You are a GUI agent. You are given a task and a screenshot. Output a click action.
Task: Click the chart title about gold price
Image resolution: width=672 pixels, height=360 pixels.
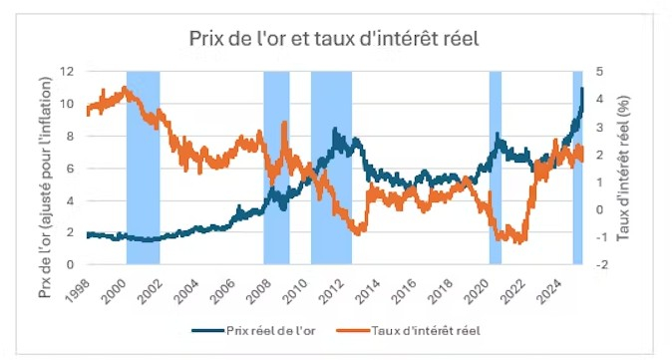[x=335, y=39]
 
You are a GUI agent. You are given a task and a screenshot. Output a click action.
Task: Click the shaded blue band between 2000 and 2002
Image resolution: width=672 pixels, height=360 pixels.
[x=143, y=168]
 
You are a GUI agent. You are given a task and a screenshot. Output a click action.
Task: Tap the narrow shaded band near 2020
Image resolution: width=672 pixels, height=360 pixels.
[x=495, y=168]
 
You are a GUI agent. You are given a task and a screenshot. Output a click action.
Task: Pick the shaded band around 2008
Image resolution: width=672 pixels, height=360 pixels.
[x=276, y=168]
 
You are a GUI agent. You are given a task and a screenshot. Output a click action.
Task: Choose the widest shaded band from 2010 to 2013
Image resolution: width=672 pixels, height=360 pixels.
[x=331, y=168]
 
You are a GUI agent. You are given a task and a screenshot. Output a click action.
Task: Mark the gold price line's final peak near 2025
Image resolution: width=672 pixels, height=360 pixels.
[x=581, y=89]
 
